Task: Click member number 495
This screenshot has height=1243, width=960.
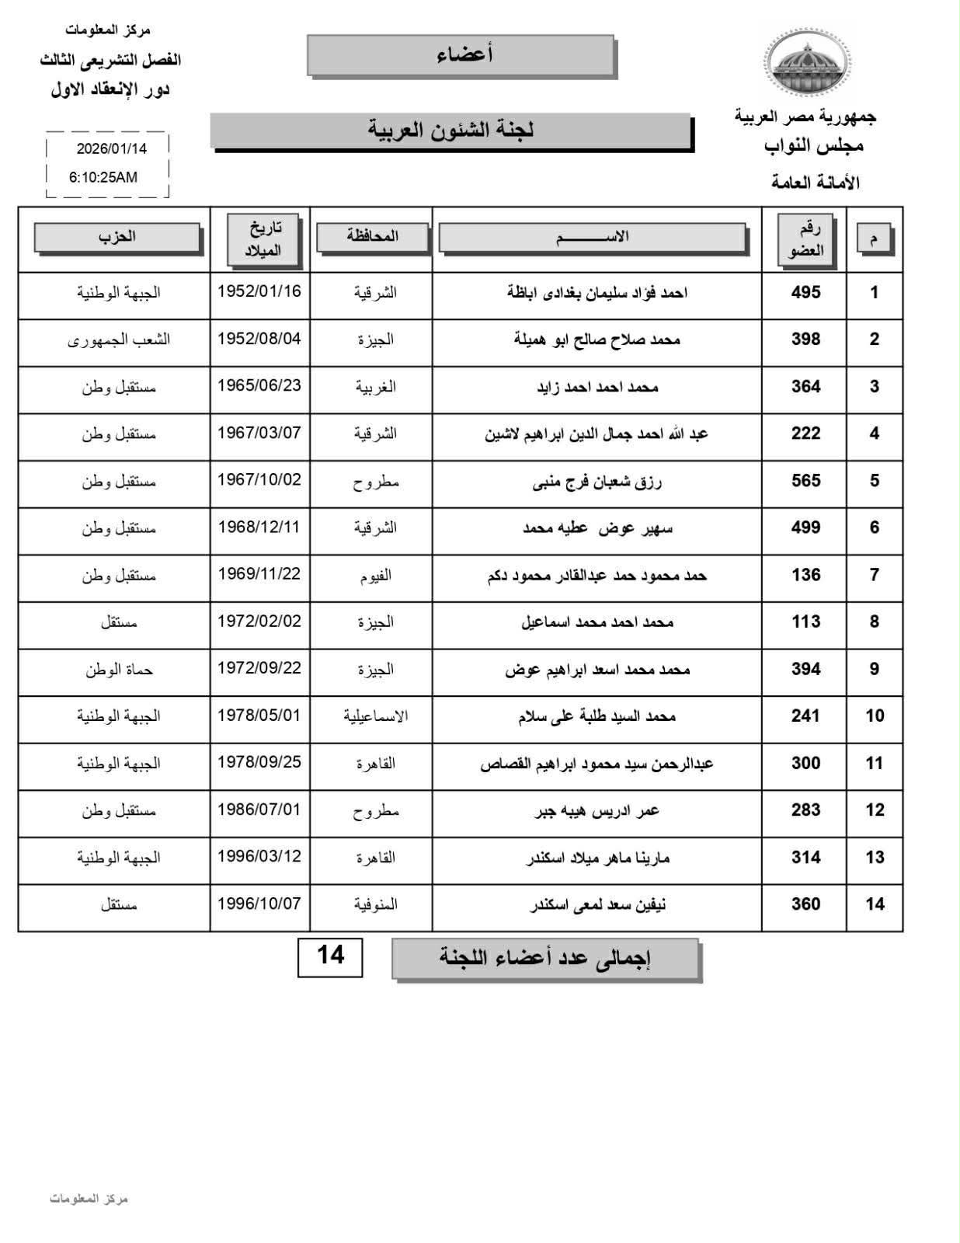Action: pos(805,293)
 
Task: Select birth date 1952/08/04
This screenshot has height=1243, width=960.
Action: pos(259,339)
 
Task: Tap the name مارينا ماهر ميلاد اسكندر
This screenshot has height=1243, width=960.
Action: pos(597,858)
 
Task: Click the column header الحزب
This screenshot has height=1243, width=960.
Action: pos(117,237)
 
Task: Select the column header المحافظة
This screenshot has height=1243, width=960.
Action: pos(372,236)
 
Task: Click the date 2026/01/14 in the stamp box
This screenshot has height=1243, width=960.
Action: pos(111,148)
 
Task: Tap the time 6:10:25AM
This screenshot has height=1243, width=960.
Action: pos(103,177)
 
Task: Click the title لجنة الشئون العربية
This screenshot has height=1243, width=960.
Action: pos(450,130)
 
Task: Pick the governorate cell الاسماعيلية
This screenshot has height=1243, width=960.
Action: pos(375,716)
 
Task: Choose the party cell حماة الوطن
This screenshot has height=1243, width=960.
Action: pos(119,670)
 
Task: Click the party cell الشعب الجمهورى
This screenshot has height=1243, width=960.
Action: pos(119,339)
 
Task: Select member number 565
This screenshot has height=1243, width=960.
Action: pos(805,481)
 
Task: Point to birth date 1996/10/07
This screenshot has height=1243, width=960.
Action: pos(259,904)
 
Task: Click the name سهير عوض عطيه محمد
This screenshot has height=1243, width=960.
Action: pos(597,528)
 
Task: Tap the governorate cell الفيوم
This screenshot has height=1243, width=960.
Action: pos(375,576)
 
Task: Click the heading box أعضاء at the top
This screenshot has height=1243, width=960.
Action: pos(461,55)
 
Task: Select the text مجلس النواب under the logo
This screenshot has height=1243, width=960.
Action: pos(813,146)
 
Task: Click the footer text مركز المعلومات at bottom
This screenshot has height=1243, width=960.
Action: pos(89,1199)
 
